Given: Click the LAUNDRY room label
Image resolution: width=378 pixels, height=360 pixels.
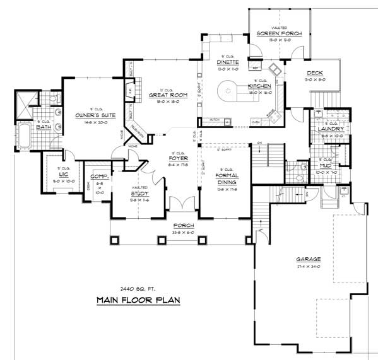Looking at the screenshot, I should pos(331,129).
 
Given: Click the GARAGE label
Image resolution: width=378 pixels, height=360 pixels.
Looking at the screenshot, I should pos(308,259).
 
